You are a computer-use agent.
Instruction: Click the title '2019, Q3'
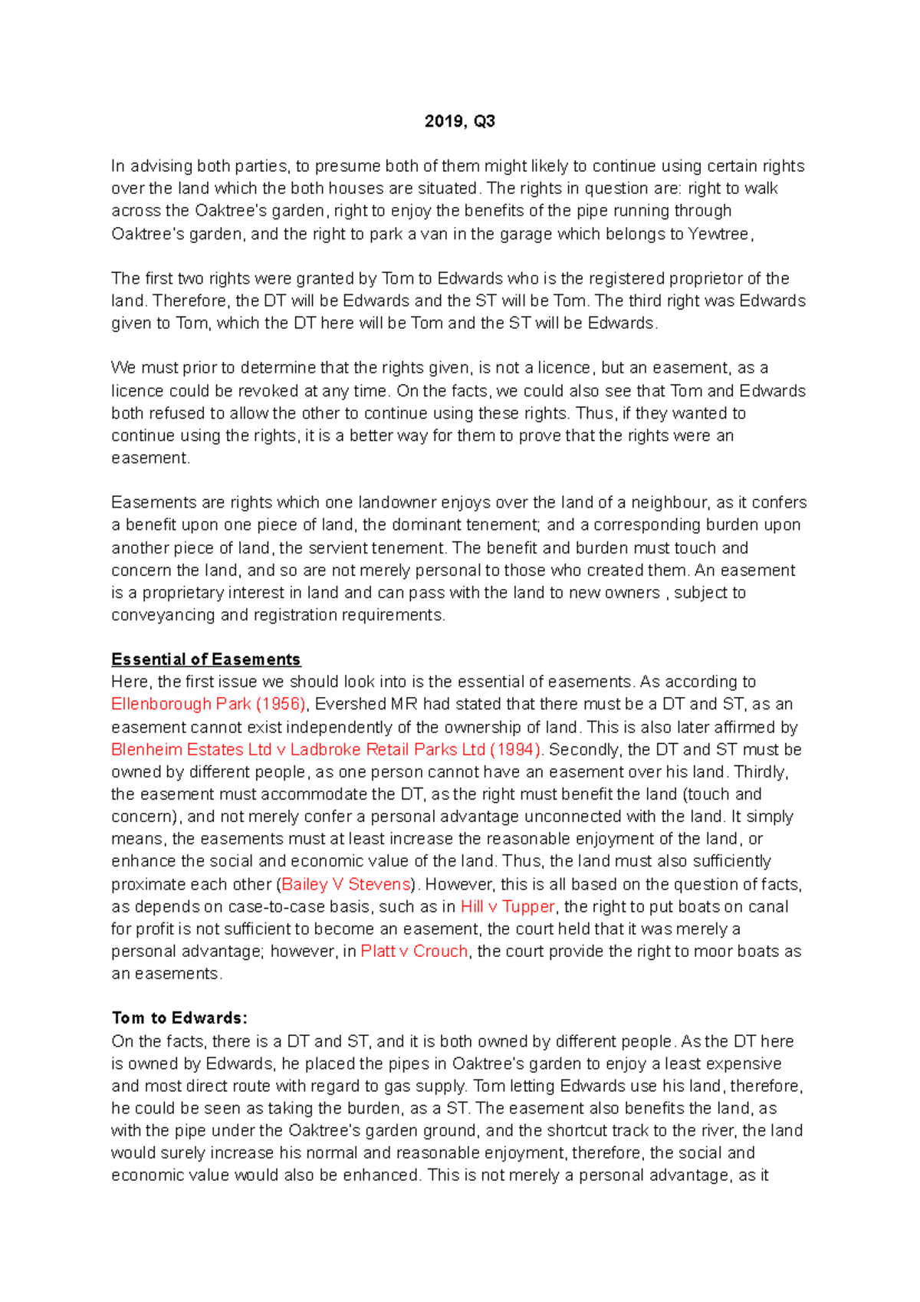point(459,121)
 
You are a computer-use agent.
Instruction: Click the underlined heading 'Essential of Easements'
point(205,659)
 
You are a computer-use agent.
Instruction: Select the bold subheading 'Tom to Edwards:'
point(179,1018)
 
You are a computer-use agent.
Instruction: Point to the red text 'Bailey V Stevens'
point(347,884)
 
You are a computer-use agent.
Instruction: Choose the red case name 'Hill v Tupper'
point(508,906)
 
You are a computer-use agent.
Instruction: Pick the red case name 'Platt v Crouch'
point(414,951)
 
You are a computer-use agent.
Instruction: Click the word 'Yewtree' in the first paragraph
point(718,234)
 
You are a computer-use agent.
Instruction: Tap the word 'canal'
point(769,906)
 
